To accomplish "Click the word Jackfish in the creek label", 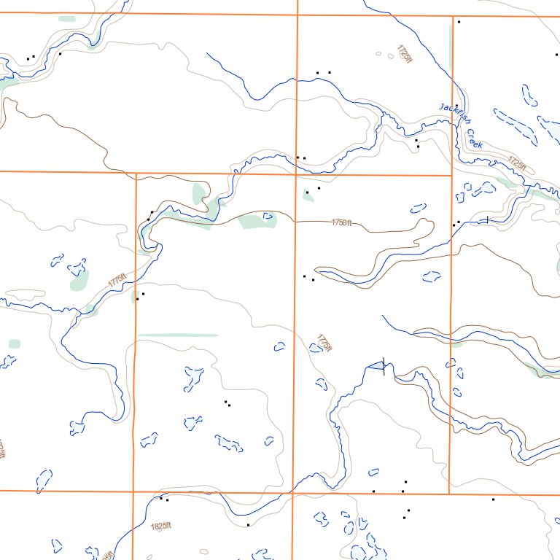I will (452, 114).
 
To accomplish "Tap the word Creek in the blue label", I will (475, 139).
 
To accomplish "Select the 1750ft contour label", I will (341, 222).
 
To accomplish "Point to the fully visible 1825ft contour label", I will (160, 526).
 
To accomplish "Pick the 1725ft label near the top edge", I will (405, 53).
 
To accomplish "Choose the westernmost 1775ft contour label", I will (117, 279).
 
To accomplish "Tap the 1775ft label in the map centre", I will (324, 343).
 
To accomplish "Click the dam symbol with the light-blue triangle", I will (378, 365).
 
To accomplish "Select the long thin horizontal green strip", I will (178, 335).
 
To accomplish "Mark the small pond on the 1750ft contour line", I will (268, 216).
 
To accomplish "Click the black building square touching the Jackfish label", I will (459, 109).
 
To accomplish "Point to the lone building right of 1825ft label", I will (248, 524).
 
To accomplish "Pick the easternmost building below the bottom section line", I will (493, 499).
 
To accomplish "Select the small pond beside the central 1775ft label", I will (315, 348).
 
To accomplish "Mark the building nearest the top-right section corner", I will (459, 22).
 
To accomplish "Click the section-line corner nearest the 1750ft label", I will (295, 174).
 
